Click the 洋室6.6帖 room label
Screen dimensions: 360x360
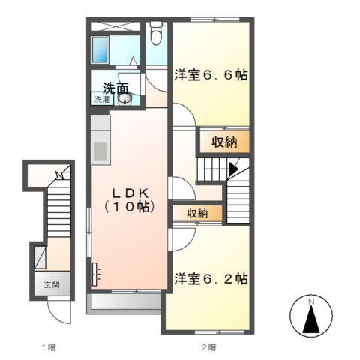(x=211, y=76)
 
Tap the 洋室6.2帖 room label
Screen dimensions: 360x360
(x=211, y=278)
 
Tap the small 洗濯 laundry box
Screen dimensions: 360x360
(x=100, y=99)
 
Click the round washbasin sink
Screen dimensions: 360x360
(x=124, y=100)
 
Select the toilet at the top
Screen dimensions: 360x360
(x=155, y=34)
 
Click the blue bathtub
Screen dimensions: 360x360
(x=101, y=48)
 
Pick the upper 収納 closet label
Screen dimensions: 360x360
(x=225, y=140)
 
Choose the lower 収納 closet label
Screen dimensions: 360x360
(x=197, y=214)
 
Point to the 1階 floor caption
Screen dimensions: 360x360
(x=48, y=346)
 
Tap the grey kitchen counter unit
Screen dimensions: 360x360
(x=100, y=139)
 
